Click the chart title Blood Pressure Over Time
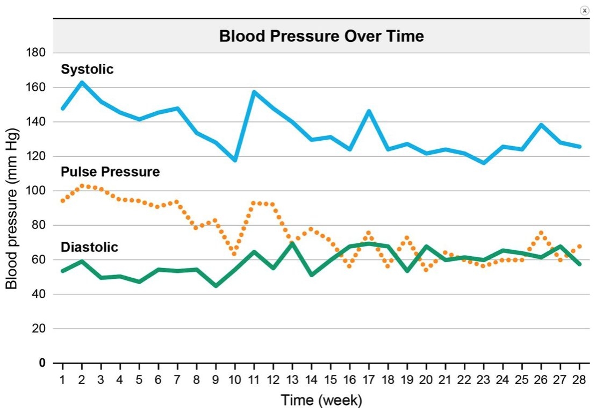(321, 36)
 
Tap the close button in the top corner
(585, 11)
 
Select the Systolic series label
(87, 69)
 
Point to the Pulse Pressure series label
(110, 171)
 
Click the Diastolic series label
(89, 247)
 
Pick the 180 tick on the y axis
(35, 53)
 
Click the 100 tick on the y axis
(35, 190)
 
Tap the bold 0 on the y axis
(42, 363)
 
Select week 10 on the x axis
(235, 380)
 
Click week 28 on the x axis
(579, 380)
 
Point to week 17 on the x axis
(369, 380)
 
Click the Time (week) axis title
(321, 400)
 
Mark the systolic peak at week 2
(82, 82)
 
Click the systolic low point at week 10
(235, 160)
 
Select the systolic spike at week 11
(254, 92)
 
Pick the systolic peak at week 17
(369, 111)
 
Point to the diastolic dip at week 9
(216, 285)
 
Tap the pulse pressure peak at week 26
(541, 233)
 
